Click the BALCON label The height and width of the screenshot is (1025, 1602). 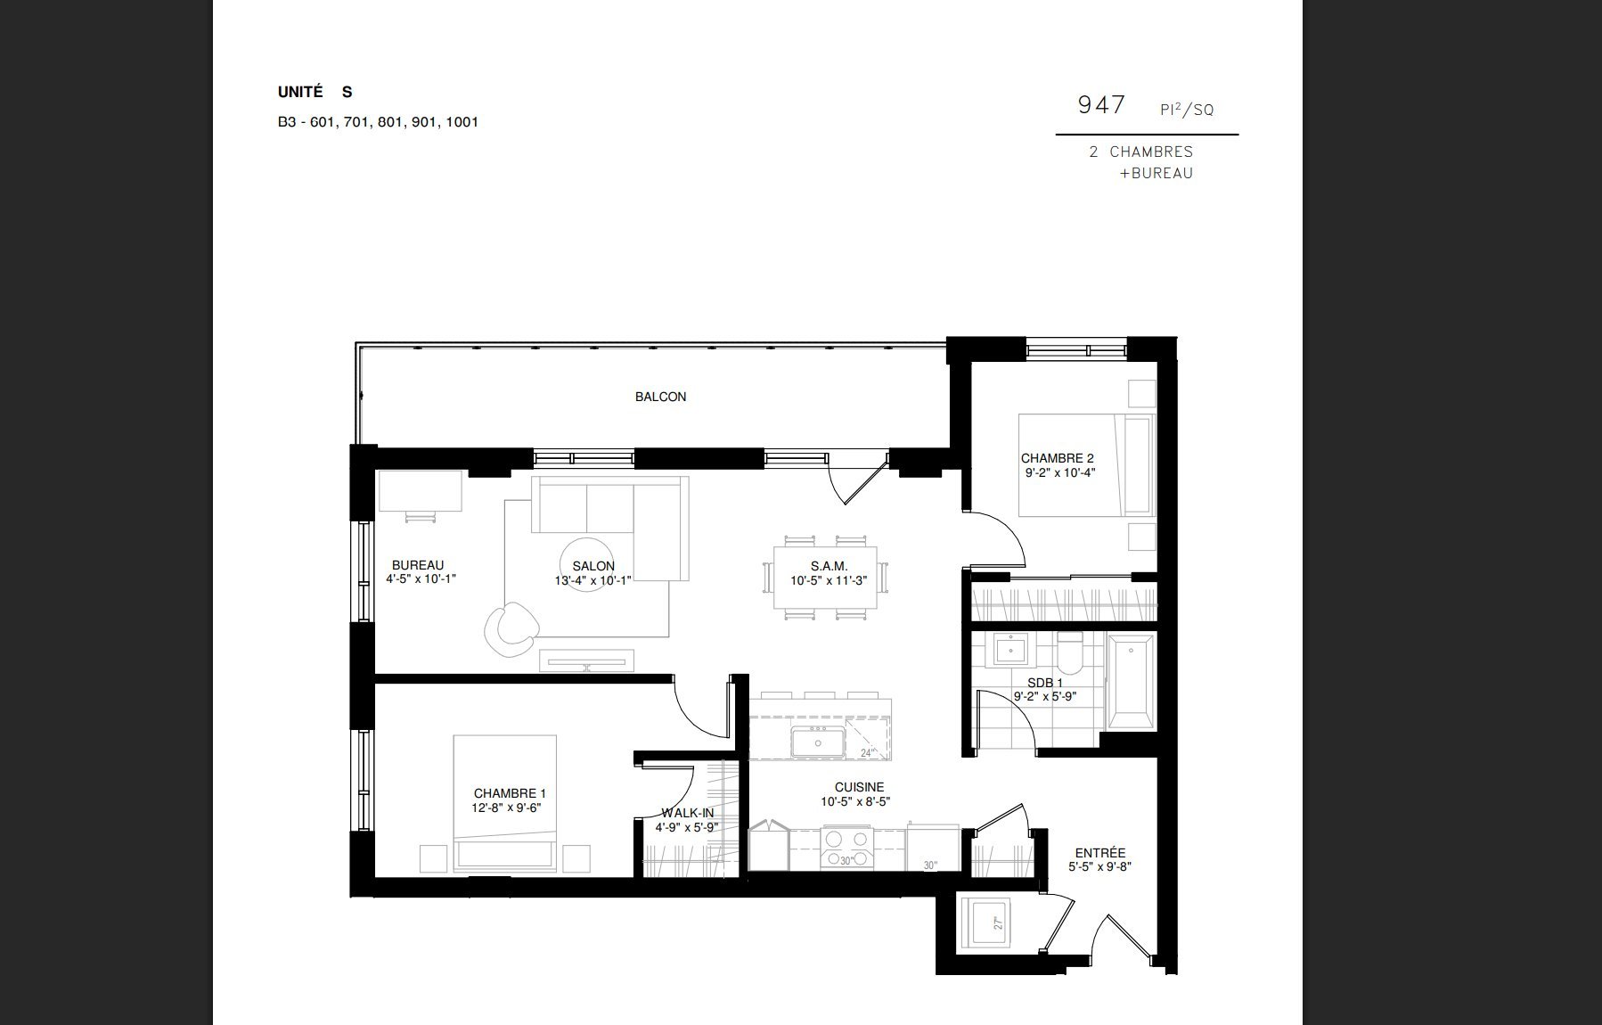coord(660,397)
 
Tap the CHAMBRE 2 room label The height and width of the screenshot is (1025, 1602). coord(1057,459)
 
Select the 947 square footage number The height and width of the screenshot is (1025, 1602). coord(1101,105)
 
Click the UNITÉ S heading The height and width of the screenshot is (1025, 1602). coord(315,92)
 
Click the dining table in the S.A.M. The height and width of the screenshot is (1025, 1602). coord(825,577)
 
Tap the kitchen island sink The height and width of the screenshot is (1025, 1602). coord(818,742)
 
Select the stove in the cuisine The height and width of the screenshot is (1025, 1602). coord(846,848)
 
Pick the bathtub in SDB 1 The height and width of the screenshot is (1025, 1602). coord(1131,682)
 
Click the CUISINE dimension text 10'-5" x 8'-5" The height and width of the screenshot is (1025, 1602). coord(855,801)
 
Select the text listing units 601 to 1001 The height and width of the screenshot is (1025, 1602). coord(378,122)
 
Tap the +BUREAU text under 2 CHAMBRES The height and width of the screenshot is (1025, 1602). coord(1157,174)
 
